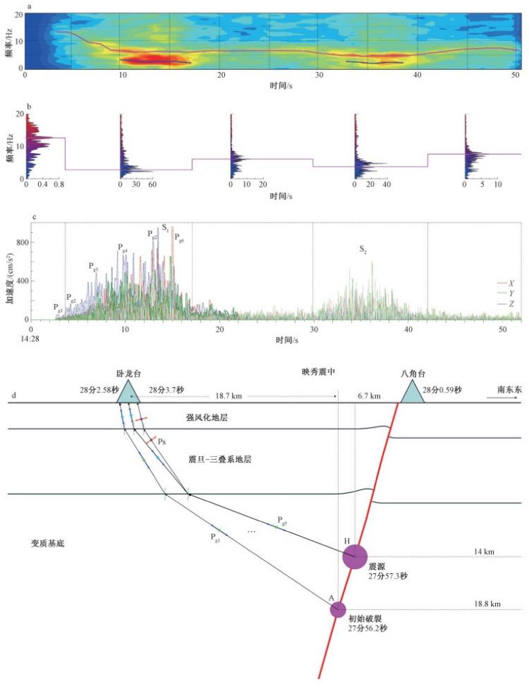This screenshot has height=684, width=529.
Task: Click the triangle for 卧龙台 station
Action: click(129, 393)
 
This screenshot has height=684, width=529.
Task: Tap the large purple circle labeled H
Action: click(355, 557)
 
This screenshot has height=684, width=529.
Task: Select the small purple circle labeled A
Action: click(337, 609)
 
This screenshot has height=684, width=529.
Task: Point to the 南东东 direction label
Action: click(509, 391)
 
